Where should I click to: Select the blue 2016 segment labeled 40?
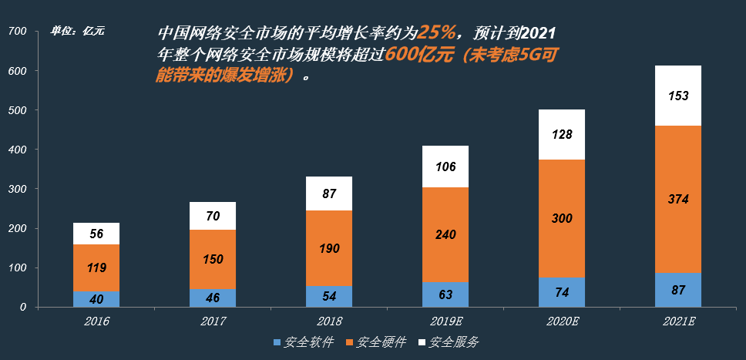96,298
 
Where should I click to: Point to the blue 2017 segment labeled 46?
213,297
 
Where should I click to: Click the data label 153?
678,96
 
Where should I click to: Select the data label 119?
96,268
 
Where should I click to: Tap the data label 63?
445,294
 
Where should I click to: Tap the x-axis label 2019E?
445,321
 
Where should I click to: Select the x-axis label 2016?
96,321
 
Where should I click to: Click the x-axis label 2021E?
678,321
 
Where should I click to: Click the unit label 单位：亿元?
77,32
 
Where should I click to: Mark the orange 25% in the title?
439,33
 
